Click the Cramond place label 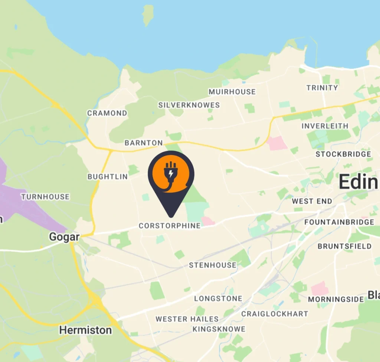(x=107, y=113)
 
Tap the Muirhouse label (x=232, y=92)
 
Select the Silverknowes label (x=189, y=105)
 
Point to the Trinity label (x=322, y=88)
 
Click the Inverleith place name (x=325, y=126)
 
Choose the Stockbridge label (x=343, y=154)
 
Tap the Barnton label (x=144, y=143)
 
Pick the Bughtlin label (x=108, y=177)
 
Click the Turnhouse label (x=45, y=197)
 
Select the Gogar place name (x=64, y=237)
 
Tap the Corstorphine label (x=170, y=226)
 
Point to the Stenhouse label (x=213, y=265)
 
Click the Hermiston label (x=85, y=330)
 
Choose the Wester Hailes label (x=187, y=319)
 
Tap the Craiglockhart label (x=275, y=314)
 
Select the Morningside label (x=336, y=299)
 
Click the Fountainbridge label (x=339, y=222)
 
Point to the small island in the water (x=148, y=15)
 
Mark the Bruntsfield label (x=344, y=246)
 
